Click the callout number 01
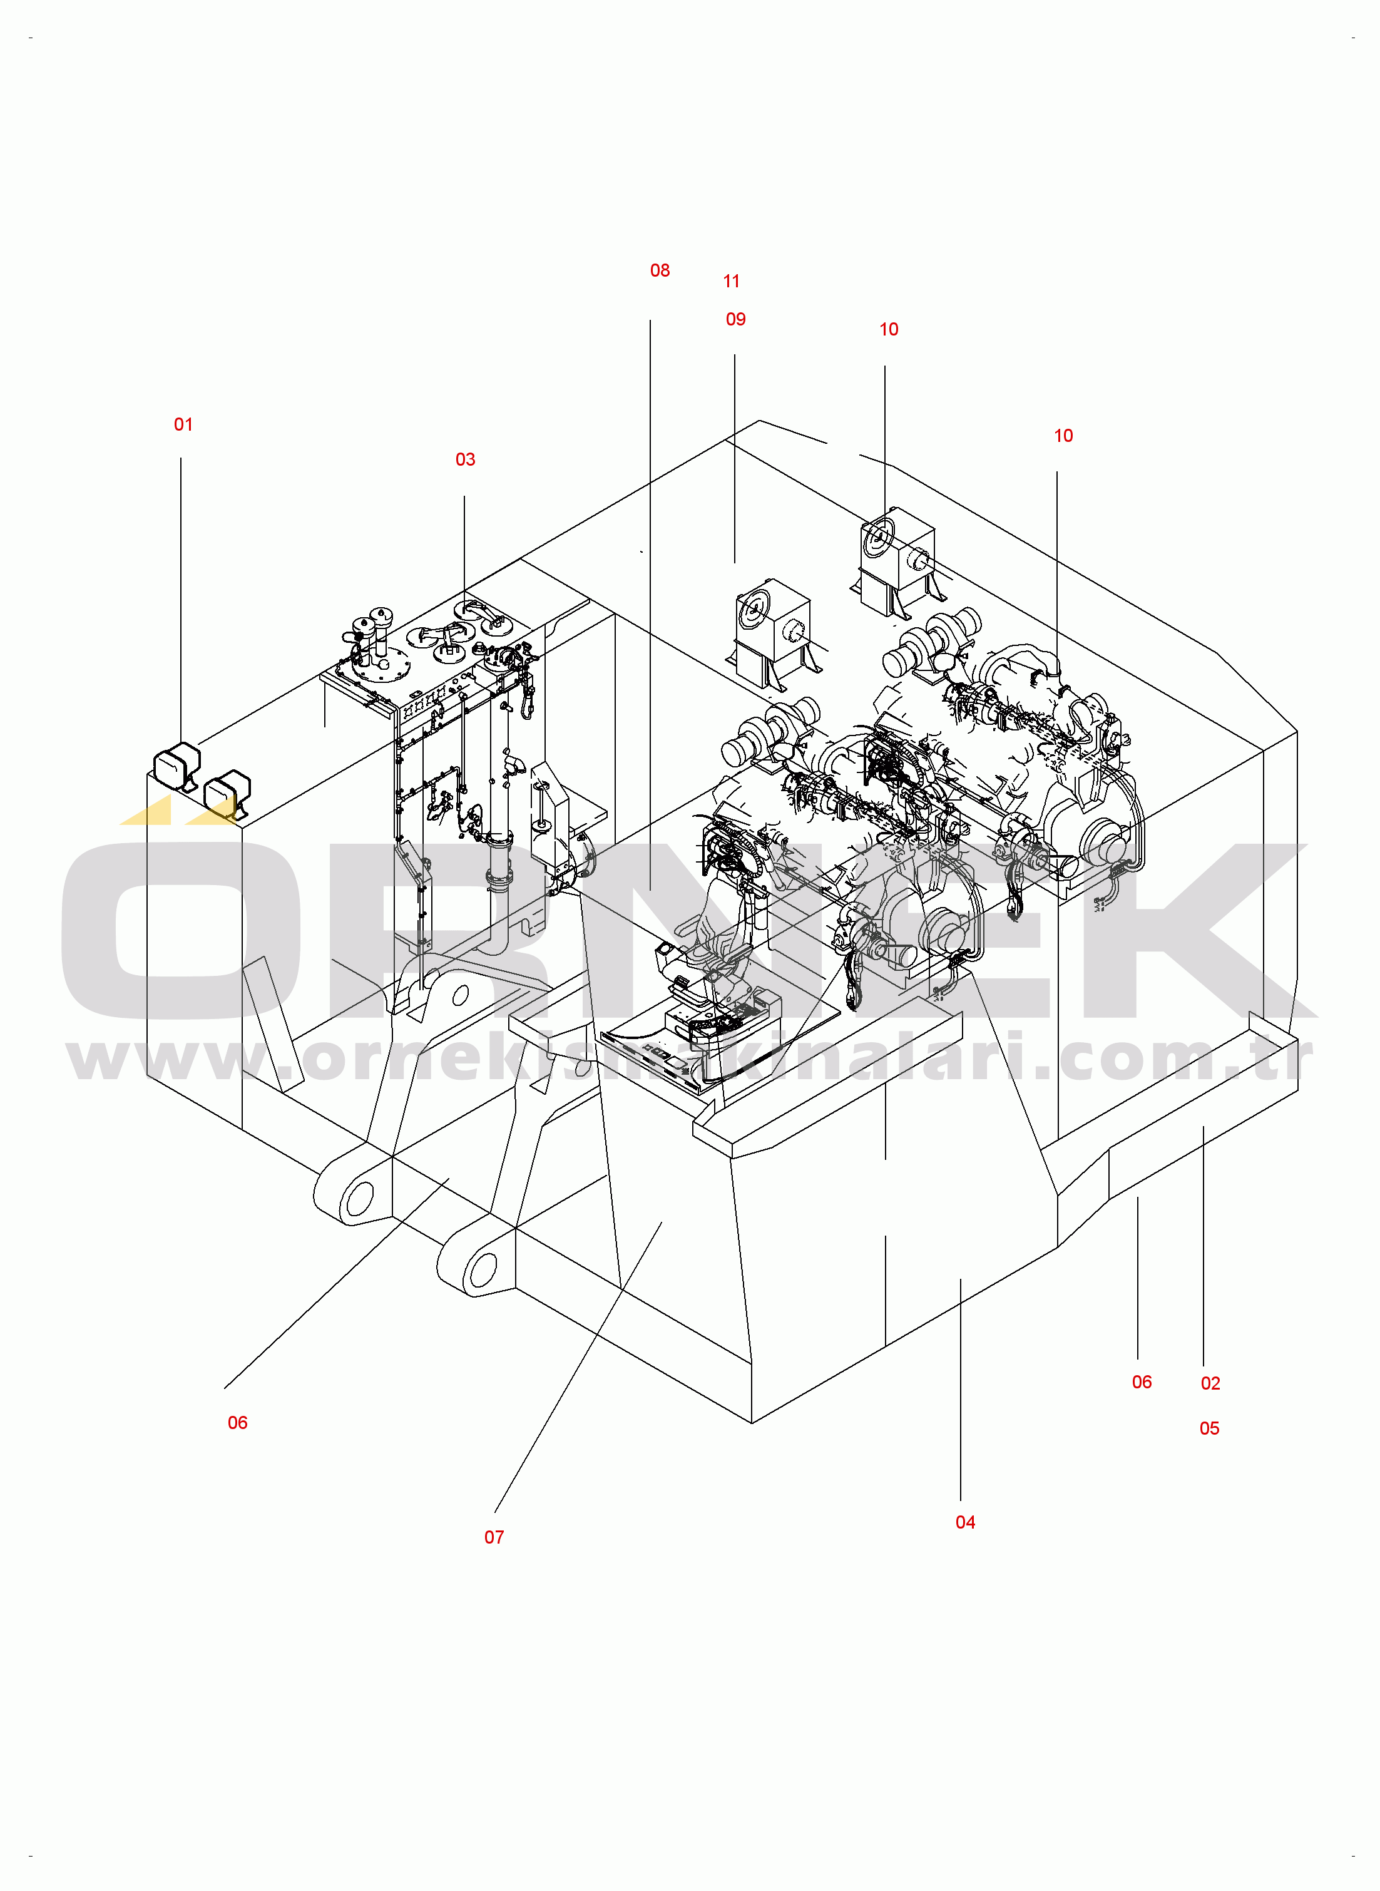coord(183,424)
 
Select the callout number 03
coord(465,459)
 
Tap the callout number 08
coord(660,270)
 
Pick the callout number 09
coord(736,319)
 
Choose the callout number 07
coord(494,1537)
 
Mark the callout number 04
coord(966,1522)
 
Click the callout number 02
coord(1210,1383)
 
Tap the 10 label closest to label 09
coord(889,330)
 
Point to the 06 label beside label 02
coord(1142,1382)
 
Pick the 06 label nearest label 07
coord(238,1422)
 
